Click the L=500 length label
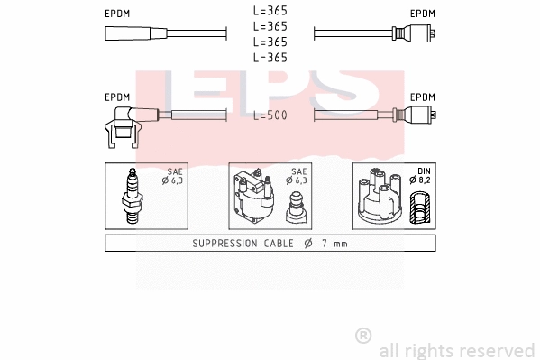(270, 116)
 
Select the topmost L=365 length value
(270, 12)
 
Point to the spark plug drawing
(133, 197)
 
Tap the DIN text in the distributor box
(425, 171)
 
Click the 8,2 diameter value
(425, 180)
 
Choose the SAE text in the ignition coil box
(297, 171)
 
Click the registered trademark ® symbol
(363, 335)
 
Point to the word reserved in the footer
(499, 350)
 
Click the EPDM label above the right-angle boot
(117, 97)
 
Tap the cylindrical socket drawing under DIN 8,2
(419, 210)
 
